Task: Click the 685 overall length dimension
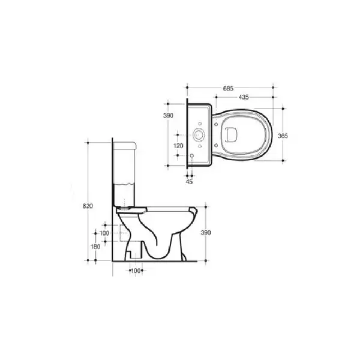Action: pos(228,88)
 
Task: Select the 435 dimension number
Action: pos(244,97)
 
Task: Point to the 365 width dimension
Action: pos(283,136)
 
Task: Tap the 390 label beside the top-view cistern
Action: pos(168,115)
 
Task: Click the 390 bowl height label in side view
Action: pos(206,233)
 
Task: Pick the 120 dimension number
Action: pos(178,146)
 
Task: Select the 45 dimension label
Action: pos(189,182)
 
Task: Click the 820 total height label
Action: pos(88,206)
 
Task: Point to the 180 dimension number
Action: pos(95,247)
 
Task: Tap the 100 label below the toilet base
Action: pos(136,271)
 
